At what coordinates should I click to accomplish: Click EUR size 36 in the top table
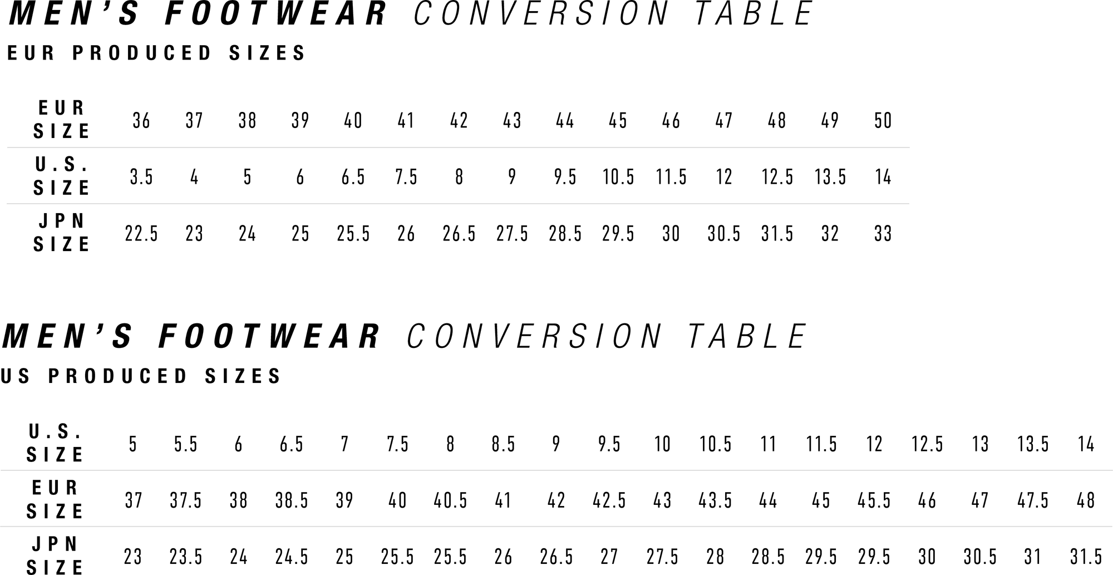pyautogui.click(x=141, y=121)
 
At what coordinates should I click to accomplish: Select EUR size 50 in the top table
pyautogui.click(x=883, y=121)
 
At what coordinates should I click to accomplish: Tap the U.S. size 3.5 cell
pyautogui.click(x=141, y=177)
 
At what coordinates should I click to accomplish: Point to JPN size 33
pyautogui.click(x=883, y=233)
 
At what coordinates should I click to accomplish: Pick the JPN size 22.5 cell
pyautogui.click(x=141, y=233)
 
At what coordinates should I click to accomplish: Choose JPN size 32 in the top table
pyautogui.click(x=830, y=233)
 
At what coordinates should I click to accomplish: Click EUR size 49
pyautogui.click(x=830, y=121)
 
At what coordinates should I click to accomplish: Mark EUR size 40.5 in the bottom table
pyautogui.click(x=450, y=500)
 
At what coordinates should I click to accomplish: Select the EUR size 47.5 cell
pyautogui.click(x=1033, y=500)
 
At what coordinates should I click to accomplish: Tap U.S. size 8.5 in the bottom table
pyautogui.click(x=503, y=444)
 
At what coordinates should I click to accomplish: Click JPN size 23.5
pyautogui.click(x=186, y=557)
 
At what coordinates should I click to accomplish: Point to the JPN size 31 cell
pyautogui.click(x=1033, y=557)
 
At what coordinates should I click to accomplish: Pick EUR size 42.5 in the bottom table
pyautogui.click(x=609, y=500)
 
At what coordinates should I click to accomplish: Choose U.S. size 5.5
pyautogui.click(x=186, y=444)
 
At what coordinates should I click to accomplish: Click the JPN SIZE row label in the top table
pyautogui.click(x=61, y=233)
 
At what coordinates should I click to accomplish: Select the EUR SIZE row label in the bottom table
pyautogui.click(x=55, y=499)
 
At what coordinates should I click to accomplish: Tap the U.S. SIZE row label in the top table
pyautogui.click(x=61, y=176)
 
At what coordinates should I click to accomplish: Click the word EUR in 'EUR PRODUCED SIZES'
pyautogui.click(x=31, y=53)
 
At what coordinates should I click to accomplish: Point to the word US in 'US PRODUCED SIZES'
pyautogui.click(x=16, y=376)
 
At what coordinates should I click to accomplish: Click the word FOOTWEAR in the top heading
pyautogui.click(x=275, y=13)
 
